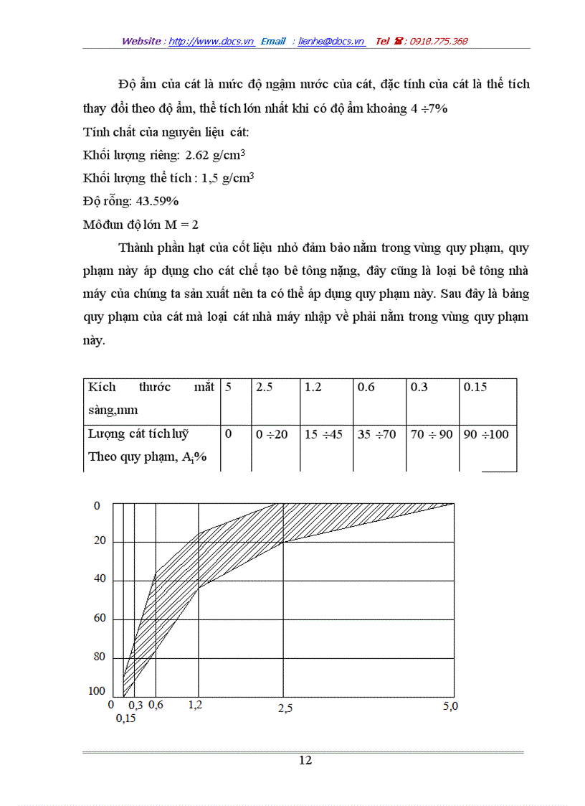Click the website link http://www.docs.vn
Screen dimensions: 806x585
click(211, 41)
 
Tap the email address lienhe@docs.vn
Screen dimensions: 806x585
click(331, 41)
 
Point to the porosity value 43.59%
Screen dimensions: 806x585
click(156, 200)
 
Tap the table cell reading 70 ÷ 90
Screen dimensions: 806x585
click(432, 434)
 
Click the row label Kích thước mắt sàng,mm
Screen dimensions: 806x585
click(151, 399)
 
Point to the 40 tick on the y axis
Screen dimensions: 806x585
click(100, 580)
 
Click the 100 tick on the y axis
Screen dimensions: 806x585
click(97, 690)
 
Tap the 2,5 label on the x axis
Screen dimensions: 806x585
click(285, 708)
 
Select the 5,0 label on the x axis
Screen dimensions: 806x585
click(450, 706)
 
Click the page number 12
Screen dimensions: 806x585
click(305, 761)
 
